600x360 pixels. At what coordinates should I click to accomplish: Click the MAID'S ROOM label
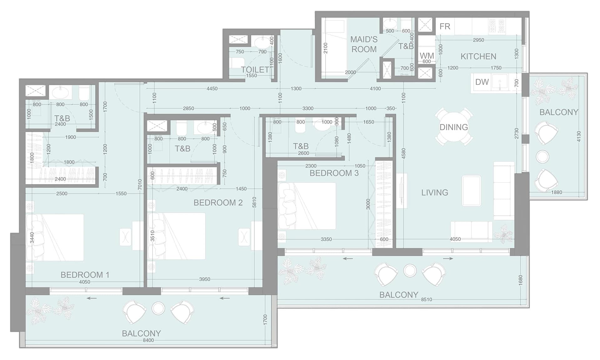click(364, 44)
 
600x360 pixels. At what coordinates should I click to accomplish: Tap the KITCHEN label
click(478, 56)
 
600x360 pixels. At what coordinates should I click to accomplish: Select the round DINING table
click(454, 127)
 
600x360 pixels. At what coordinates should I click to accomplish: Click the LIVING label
click(435, 192)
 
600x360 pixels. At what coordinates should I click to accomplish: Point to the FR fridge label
click(445, 26)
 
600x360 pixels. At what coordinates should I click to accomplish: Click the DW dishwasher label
click(482, 82)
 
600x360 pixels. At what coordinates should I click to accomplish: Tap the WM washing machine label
click(427, 56)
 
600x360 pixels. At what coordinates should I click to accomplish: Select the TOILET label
click(255, 69)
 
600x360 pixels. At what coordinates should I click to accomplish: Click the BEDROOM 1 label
click(85, 275)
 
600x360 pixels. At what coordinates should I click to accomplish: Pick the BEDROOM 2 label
click(218, 203)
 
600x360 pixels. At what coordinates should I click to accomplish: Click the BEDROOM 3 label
click(334, 173)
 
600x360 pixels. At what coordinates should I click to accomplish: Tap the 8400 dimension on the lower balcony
click(148, 340)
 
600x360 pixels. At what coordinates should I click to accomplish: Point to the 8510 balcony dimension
click(426, 300)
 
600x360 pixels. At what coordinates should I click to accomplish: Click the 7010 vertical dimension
click(140, 185)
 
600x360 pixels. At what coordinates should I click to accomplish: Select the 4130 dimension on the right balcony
click(578, 136)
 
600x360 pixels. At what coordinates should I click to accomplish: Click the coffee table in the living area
click(471, 191)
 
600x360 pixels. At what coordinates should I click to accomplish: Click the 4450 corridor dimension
click(212, 89)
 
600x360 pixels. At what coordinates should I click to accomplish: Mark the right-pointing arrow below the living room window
click(448, 259)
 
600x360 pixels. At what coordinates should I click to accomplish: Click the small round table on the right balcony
click(542, 156)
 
